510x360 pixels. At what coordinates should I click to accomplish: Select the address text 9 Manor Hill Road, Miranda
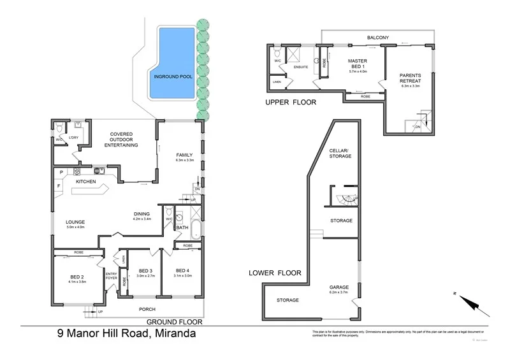[126, 333]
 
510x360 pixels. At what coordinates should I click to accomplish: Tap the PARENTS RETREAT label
[410, 78]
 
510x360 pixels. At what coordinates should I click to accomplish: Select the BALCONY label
[378, 38]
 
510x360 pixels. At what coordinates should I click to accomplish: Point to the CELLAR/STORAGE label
[340, 153]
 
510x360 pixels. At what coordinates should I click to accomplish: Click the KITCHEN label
[86, 182]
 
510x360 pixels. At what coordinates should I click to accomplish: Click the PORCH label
[148, 310]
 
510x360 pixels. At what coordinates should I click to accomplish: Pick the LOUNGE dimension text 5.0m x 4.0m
[76, 227]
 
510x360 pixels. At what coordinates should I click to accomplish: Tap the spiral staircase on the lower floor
[344, 199]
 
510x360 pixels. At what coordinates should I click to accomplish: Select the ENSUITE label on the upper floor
[301, 66]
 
